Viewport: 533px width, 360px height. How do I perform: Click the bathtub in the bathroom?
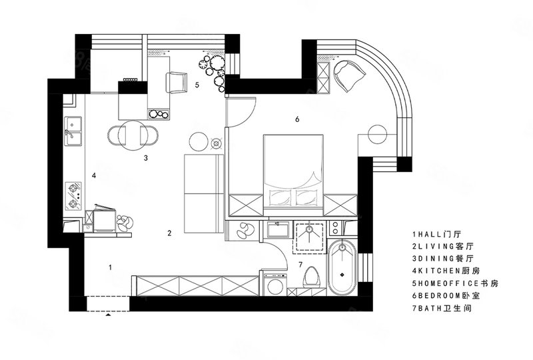[342, 267]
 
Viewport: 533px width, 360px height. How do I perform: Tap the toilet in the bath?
[312, 275]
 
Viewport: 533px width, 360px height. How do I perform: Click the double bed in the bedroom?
[293, 175]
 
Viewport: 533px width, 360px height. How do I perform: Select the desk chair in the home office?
[177, 83]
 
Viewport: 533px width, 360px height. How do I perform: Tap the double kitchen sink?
[73, 131]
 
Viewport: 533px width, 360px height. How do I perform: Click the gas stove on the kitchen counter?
[73, 195]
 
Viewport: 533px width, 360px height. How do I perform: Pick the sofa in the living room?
[204, 193]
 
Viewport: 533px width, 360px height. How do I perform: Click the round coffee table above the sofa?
[199, 141]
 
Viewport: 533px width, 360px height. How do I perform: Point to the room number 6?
[297, 119]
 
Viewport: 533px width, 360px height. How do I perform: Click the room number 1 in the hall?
[110, 267]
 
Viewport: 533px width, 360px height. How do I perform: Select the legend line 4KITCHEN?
[446, 271]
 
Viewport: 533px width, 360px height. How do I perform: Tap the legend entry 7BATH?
[442, 309]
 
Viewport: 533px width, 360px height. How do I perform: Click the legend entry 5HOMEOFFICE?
[455, 283]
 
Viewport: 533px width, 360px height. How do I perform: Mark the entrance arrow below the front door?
[108, 315]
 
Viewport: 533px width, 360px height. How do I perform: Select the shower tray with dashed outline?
[309, 237]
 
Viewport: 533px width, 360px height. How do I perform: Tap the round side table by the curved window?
[377, 135]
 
